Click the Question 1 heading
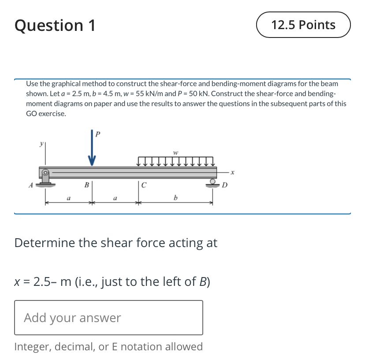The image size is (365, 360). tap(55, 26)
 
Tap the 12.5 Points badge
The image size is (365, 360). tap(303, 25)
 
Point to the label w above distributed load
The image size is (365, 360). tap(175, 153)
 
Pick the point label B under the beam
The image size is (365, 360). tap(87, 184)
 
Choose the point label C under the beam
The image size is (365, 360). tap(144, 185)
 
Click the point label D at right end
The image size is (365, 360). tap(224, 185)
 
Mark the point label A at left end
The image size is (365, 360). tap(30, 185)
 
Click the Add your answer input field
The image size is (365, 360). tap(108, 318)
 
